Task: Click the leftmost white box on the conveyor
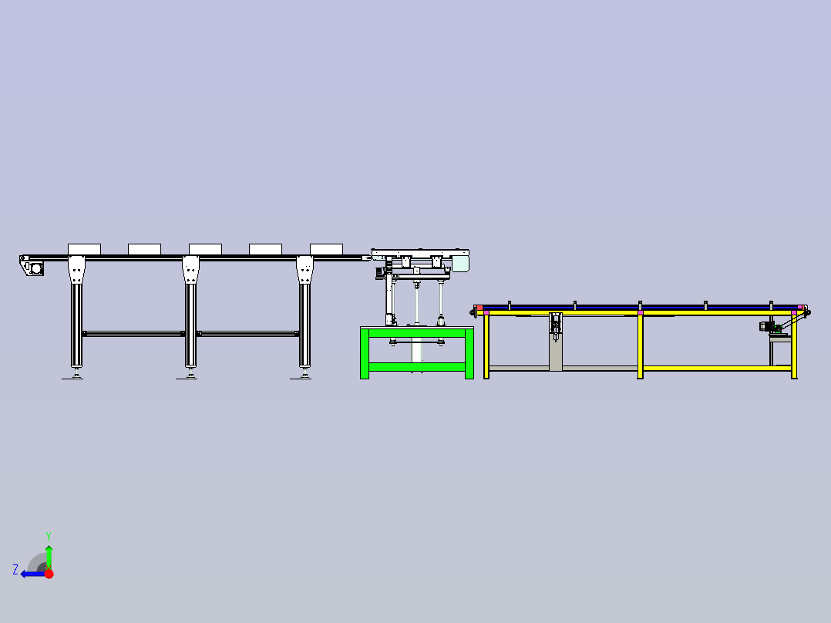(x=84, y=249)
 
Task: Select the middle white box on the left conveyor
(x=205, y=249)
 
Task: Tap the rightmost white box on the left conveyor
(x=326, y=249)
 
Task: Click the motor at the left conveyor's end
(x=33, y=268)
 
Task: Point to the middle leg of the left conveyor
(x=191, y=313)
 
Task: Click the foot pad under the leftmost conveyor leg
(x=72, y=376)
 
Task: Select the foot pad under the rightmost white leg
(x=301, y=376)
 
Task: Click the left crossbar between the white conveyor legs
(x=133, y=334)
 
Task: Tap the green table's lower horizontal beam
(x=417, y=367)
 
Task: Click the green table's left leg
(x=365, y=354)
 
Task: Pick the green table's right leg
(x=469, y=354)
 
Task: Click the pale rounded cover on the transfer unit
(x=460, y=264)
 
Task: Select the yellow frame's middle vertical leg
(x=640, y=345)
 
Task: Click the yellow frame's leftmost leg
(x=486, y=345)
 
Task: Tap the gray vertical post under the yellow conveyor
(x=555, y=342)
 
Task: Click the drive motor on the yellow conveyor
(x=766, y=327)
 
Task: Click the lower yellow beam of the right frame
(x=717, y=368)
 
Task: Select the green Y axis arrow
(x=49, y=557)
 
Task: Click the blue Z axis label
(x=15, y=570)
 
